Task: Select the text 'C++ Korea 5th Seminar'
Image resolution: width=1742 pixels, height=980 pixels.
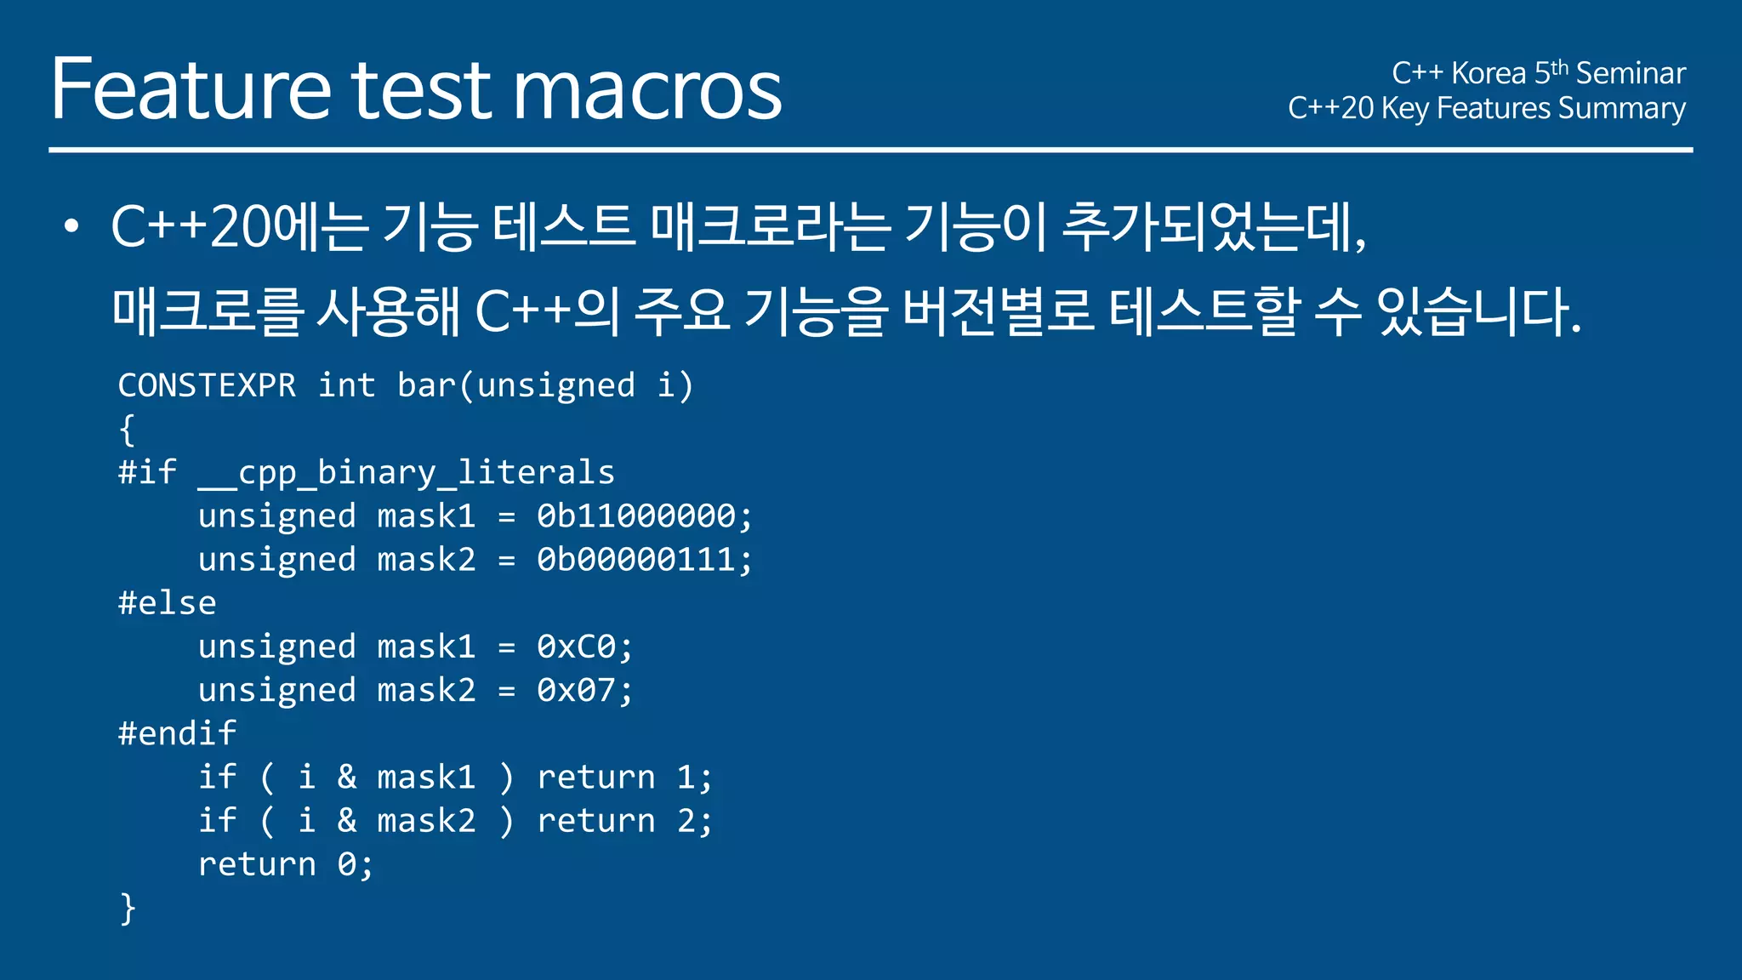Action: (1538, 73)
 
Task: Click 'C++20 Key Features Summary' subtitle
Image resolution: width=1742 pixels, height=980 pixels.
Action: (1486, 109)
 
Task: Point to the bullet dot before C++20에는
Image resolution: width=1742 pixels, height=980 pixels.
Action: (71, 226)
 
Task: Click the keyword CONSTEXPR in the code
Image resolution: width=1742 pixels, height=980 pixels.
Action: (207, 385)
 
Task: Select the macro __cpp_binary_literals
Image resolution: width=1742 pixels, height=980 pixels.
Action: (406, 473)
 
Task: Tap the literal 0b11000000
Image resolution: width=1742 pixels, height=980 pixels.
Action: (636, 516)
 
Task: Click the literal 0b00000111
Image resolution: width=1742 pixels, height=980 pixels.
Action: (636, 560)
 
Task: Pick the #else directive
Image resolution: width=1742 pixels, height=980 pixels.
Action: (168, 603)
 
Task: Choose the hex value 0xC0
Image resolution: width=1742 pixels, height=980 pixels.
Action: (577, 647)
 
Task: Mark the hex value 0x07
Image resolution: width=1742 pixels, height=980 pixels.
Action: (577, 691)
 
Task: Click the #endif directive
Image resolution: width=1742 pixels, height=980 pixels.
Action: (177, 733)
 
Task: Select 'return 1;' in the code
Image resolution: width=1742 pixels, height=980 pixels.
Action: (624, 778)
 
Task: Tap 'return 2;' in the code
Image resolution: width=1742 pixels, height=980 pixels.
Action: (624, 821)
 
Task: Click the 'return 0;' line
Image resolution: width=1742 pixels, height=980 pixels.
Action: (285, 864)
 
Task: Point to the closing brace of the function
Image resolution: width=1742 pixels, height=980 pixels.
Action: (128, 909)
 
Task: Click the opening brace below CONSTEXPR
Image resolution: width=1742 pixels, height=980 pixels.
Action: (128, 430)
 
